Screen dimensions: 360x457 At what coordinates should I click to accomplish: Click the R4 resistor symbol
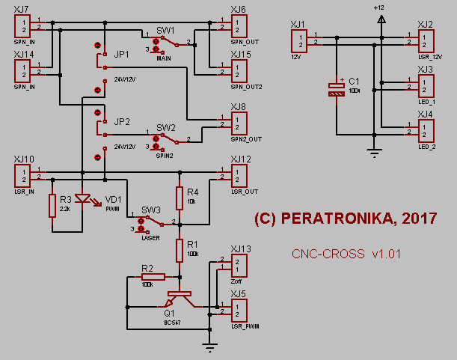click(180, 198)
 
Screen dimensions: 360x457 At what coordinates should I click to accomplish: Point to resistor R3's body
click(52, 205)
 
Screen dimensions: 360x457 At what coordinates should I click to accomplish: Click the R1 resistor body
click(180, 249)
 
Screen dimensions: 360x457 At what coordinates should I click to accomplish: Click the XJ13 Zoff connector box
click(239, 265)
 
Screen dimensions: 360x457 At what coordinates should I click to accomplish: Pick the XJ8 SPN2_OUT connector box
click(239, 123)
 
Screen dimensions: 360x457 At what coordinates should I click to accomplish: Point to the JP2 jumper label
click(122, 121)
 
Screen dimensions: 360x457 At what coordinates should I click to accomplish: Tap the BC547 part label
click(174, 323)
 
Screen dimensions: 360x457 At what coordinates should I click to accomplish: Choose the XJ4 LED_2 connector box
click(425, 129)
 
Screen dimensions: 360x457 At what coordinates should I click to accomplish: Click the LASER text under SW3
click(151, 237)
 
